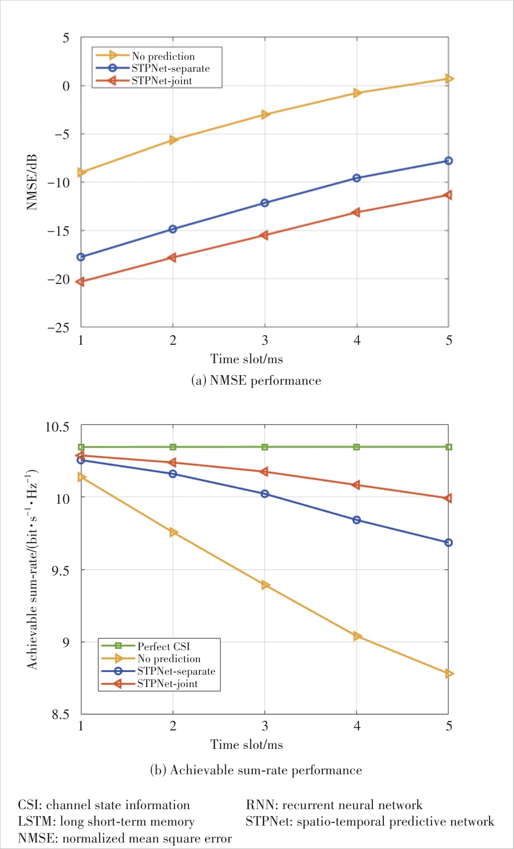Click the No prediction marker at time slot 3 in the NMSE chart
click(265, 115)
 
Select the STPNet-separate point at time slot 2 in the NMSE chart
click(173, 229)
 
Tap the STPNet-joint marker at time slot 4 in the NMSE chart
click(356, 212)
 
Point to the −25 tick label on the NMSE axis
click(58, 327)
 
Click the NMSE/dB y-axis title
click(32, 182)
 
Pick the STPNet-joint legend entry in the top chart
click(162, 81)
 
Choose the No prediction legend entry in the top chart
click(163, 56)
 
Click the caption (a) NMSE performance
click(256, 381)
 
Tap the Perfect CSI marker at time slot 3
click(265, 447)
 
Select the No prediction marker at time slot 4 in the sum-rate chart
click(357, 636)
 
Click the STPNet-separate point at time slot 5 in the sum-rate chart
click(449, 543)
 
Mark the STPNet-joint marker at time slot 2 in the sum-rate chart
click(173, 463)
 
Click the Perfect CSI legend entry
click(164, 646)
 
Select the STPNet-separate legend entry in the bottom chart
click(176, 671)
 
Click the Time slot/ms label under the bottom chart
click(247, 744)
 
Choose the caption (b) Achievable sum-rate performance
click(256, 770)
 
